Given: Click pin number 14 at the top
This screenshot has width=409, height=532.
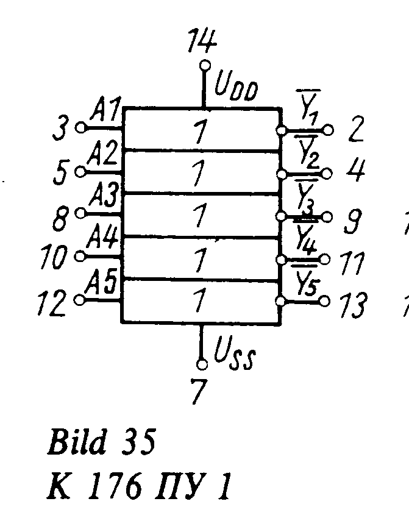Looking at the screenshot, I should pos(202,43).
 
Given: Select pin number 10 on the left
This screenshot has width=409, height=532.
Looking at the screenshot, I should pos(53,258).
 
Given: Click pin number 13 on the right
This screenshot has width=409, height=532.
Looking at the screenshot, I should pos(355,305).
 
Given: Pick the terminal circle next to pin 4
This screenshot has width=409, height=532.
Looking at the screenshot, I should pos(327,174).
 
